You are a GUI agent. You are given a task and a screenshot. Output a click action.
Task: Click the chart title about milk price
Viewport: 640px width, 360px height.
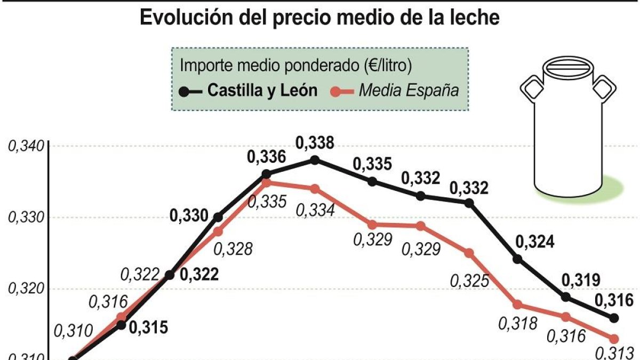tap(319, 18)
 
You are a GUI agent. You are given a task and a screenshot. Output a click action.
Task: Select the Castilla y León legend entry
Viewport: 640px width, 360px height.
tap(248, 91)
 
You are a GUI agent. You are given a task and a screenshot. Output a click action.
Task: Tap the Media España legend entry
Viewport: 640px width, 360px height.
tap(395, 91)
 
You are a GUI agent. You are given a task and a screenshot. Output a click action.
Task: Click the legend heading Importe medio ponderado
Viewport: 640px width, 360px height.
tap(295, 66)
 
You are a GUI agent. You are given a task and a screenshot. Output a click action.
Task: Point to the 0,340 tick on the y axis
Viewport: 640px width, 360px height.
tap(26, 146)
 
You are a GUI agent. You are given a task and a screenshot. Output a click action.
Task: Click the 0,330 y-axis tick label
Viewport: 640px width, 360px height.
tap(26, 218)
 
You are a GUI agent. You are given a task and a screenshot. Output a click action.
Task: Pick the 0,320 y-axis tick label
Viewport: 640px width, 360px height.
tap(26, 289)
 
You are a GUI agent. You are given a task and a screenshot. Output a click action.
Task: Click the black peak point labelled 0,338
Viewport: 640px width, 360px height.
tap(315, 160)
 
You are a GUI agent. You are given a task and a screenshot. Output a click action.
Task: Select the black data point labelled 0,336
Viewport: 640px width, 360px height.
tap(266, 174)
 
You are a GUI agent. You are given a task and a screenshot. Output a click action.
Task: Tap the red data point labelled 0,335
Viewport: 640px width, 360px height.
tap(266, 182)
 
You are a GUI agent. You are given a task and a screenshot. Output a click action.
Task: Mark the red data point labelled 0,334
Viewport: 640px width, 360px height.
tap(315, 189)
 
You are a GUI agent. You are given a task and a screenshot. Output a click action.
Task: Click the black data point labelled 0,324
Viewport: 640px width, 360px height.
tap(518, 259)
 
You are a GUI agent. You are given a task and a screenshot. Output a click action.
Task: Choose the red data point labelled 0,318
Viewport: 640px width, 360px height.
tap(518, 305)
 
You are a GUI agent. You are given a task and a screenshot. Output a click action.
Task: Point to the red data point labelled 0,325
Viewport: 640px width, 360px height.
tap(469, 253)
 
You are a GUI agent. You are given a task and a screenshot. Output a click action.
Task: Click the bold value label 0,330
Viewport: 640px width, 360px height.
tap(189, 215)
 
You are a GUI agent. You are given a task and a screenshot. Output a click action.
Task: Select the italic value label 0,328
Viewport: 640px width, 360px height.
tap(233, 249)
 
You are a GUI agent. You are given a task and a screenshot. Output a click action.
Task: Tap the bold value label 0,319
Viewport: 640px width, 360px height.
tap(581, 281)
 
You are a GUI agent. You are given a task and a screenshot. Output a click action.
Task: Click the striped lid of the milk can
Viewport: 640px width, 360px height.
tap(568, 69)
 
